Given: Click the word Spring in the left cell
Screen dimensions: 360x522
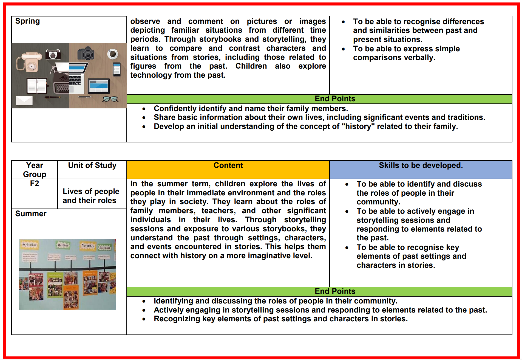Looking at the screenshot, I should [27, 21].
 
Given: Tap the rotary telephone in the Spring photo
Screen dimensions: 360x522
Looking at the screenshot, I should [29, 62].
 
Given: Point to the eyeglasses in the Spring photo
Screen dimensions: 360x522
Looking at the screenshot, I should [110, 99].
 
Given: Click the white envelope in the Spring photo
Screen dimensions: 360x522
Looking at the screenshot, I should [24, 101].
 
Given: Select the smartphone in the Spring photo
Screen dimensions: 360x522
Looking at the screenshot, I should [117, 69].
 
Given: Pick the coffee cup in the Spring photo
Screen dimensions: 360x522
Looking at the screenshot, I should [112, 54].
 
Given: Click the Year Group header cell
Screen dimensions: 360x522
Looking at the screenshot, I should [35, 170].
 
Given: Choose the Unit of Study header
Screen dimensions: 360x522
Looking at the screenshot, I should [92, 165].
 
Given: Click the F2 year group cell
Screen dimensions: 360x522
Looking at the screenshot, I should [35, 184].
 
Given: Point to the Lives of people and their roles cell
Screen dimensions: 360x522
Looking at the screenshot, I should [91, 196].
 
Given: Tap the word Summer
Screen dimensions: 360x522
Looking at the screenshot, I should [31, 214].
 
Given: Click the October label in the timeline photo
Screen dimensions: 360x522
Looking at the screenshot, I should [63, 245].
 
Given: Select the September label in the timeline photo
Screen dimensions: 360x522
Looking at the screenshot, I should [29, 244].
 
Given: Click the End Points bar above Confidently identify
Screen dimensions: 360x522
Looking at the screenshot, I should [335, 99].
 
